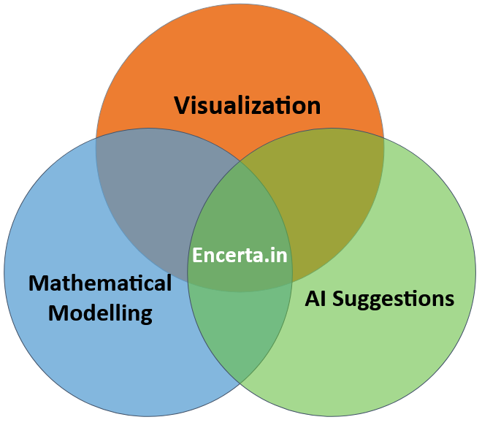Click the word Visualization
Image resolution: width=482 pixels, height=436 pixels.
[247, 106]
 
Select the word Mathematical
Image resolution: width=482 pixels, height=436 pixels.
[100, 283]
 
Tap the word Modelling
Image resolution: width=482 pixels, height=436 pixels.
[100, 313]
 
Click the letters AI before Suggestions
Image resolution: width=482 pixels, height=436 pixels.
[316, 298]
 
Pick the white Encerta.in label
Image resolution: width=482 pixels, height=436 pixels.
[240, 256]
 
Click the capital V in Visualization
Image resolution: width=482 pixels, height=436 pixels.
[182, 106]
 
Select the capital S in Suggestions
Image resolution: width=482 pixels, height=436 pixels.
[342, 298]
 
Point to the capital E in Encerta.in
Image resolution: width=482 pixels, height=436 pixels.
[197, 256]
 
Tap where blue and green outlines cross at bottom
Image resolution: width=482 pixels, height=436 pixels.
[240, 383]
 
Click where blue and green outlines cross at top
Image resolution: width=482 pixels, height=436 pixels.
[241, 161]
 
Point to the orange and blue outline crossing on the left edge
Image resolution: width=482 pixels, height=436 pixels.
[96, 138]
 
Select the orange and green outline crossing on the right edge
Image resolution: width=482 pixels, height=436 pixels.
[384, 137]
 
